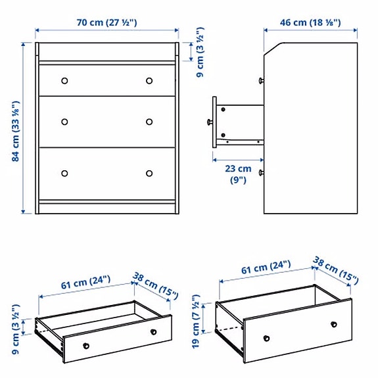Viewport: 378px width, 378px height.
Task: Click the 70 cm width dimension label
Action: click(106, 22)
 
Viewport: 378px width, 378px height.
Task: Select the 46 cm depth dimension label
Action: click(310, 22)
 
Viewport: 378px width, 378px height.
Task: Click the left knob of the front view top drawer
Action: click(64, 81)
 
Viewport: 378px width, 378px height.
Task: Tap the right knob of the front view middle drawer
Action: click(149, 122)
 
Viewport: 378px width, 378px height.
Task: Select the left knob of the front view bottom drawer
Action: click(64, 174)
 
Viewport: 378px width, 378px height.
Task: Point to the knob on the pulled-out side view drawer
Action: click(210, 122)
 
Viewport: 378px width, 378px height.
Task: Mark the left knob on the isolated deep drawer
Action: click(267, 339)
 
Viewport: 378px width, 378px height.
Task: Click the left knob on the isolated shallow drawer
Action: click(85, 346)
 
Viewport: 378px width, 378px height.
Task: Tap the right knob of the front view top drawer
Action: click(149, 81)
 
